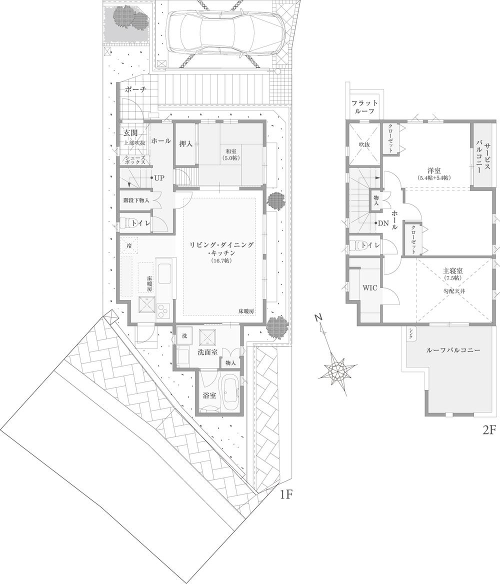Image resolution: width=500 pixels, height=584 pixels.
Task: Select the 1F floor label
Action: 285,495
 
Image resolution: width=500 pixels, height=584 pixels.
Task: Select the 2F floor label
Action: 488,430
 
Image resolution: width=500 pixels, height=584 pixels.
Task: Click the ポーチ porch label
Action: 135,90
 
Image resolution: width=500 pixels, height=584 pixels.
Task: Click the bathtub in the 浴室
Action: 230,393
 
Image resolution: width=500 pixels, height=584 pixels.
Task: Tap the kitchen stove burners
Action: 164,311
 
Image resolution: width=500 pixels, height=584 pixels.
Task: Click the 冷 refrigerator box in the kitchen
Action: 129,246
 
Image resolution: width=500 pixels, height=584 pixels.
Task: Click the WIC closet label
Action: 370,288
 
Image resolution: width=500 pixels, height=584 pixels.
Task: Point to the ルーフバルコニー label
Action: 452,351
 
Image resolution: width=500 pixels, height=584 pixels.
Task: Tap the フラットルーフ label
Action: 364,107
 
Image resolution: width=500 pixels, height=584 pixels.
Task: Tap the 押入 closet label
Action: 186,143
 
